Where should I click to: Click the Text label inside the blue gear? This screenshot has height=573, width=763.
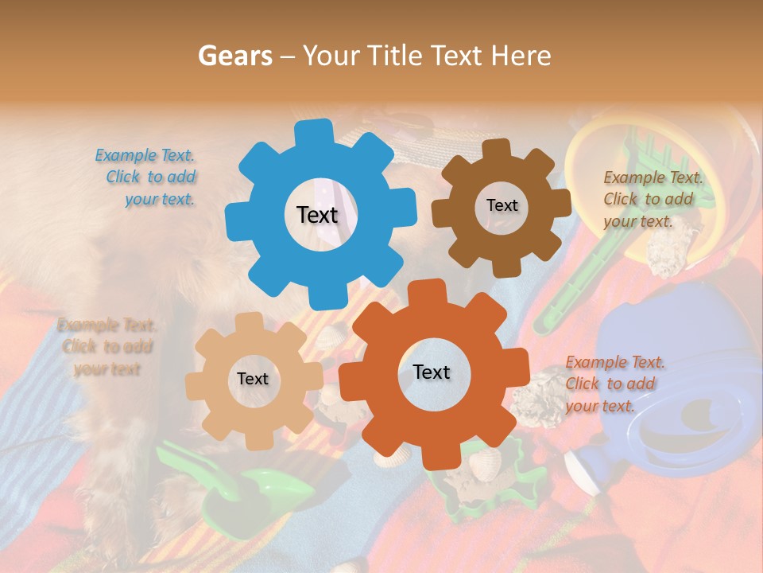(317, 215)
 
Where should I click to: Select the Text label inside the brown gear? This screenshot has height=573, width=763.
(502, 205)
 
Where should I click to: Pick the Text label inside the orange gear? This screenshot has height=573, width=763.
(432, 372)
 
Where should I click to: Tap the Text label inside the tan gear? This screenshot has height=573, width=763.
(253, 380)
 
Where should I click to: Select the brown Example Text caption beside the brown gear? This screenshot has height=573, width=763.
(652, 200)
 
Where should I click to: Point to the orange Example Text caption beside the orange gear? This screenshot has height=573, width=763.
(614, 384)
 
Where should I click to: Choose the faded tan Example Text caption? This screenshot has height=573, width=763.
(107, 347)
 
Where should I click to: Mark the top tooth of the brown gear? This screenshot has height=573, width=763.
(496, 149)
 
